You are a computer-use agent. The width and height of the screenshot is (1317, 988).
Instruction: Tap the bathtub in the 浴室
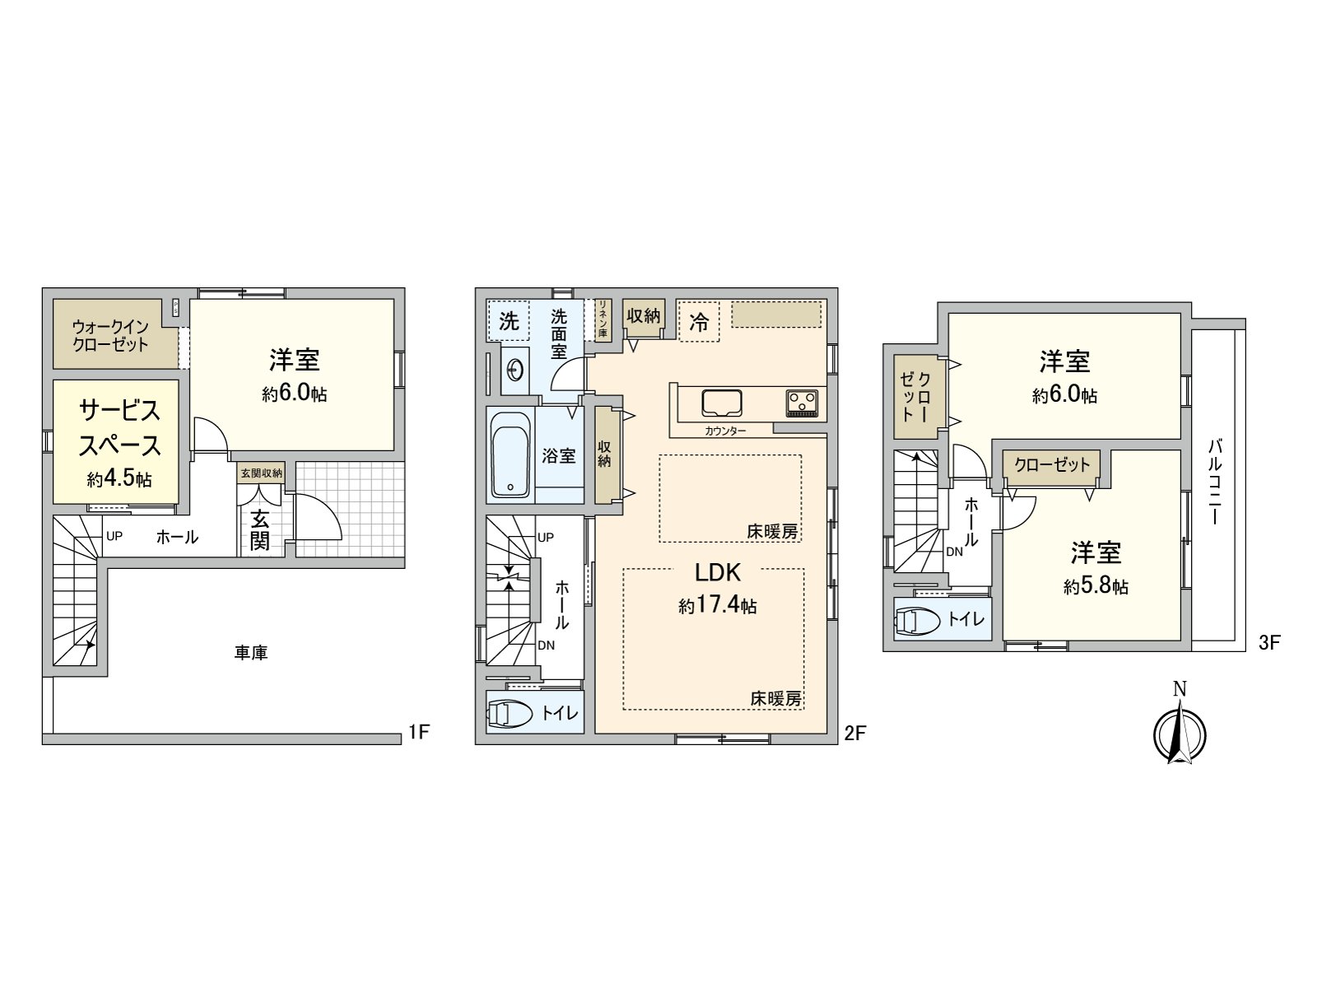click(x=511, y=454)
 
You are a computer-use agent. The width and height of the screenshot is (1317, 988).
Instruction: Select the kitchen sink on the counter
click(x=720, y=402)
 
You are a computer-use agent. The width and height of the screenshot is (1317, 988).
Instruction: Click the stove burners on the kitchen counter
click(x=803, y=403)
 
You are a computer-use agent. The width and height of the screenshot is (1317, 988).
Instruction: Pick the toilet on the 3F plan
click(x=915, y=622)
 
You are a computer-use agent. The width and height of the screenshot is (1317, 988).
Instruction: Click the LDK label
click(x=719, y=572)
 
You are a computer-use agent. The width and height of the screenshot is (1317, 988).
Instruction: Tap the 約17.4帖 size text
click(x=718, y=606)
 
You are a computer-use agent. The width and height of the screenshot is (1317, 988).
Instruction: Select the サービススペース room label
click(x=119, y=427)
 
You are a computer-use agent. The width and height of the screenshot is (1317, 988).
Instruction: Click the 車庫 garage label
click(x=250, y=653)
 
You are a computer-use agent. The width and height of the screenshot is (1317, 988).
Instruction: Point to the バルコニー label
click(x=1215, y=482)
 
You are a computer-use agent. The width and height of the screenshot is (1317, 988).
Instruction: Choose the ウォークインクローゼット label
click(x=110, y=336)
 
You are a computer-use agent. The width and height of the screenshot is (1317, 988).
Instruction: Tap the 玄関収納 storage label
click(x=261, y=473)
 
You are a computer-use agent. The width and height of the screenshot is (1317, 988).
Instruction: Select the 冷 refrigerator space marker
click(x=699, y=322)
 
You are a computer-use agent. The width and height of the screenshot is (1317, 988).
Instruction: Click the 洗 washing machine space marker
click(x=509, y=321)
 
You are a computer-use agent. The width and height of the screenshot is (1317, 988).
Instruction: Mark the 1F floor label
click(x=419, y=731)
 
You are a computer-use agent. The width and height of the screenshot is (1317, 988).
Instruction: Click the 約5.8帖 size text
click(x=1096, y=586)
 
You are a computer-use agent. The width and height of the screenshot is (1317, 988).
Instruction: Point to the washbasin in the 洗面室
click(x=516, y=372)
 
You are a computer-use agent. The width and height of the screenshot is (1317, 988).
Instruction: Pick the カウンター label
click(x=725, y=431)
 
